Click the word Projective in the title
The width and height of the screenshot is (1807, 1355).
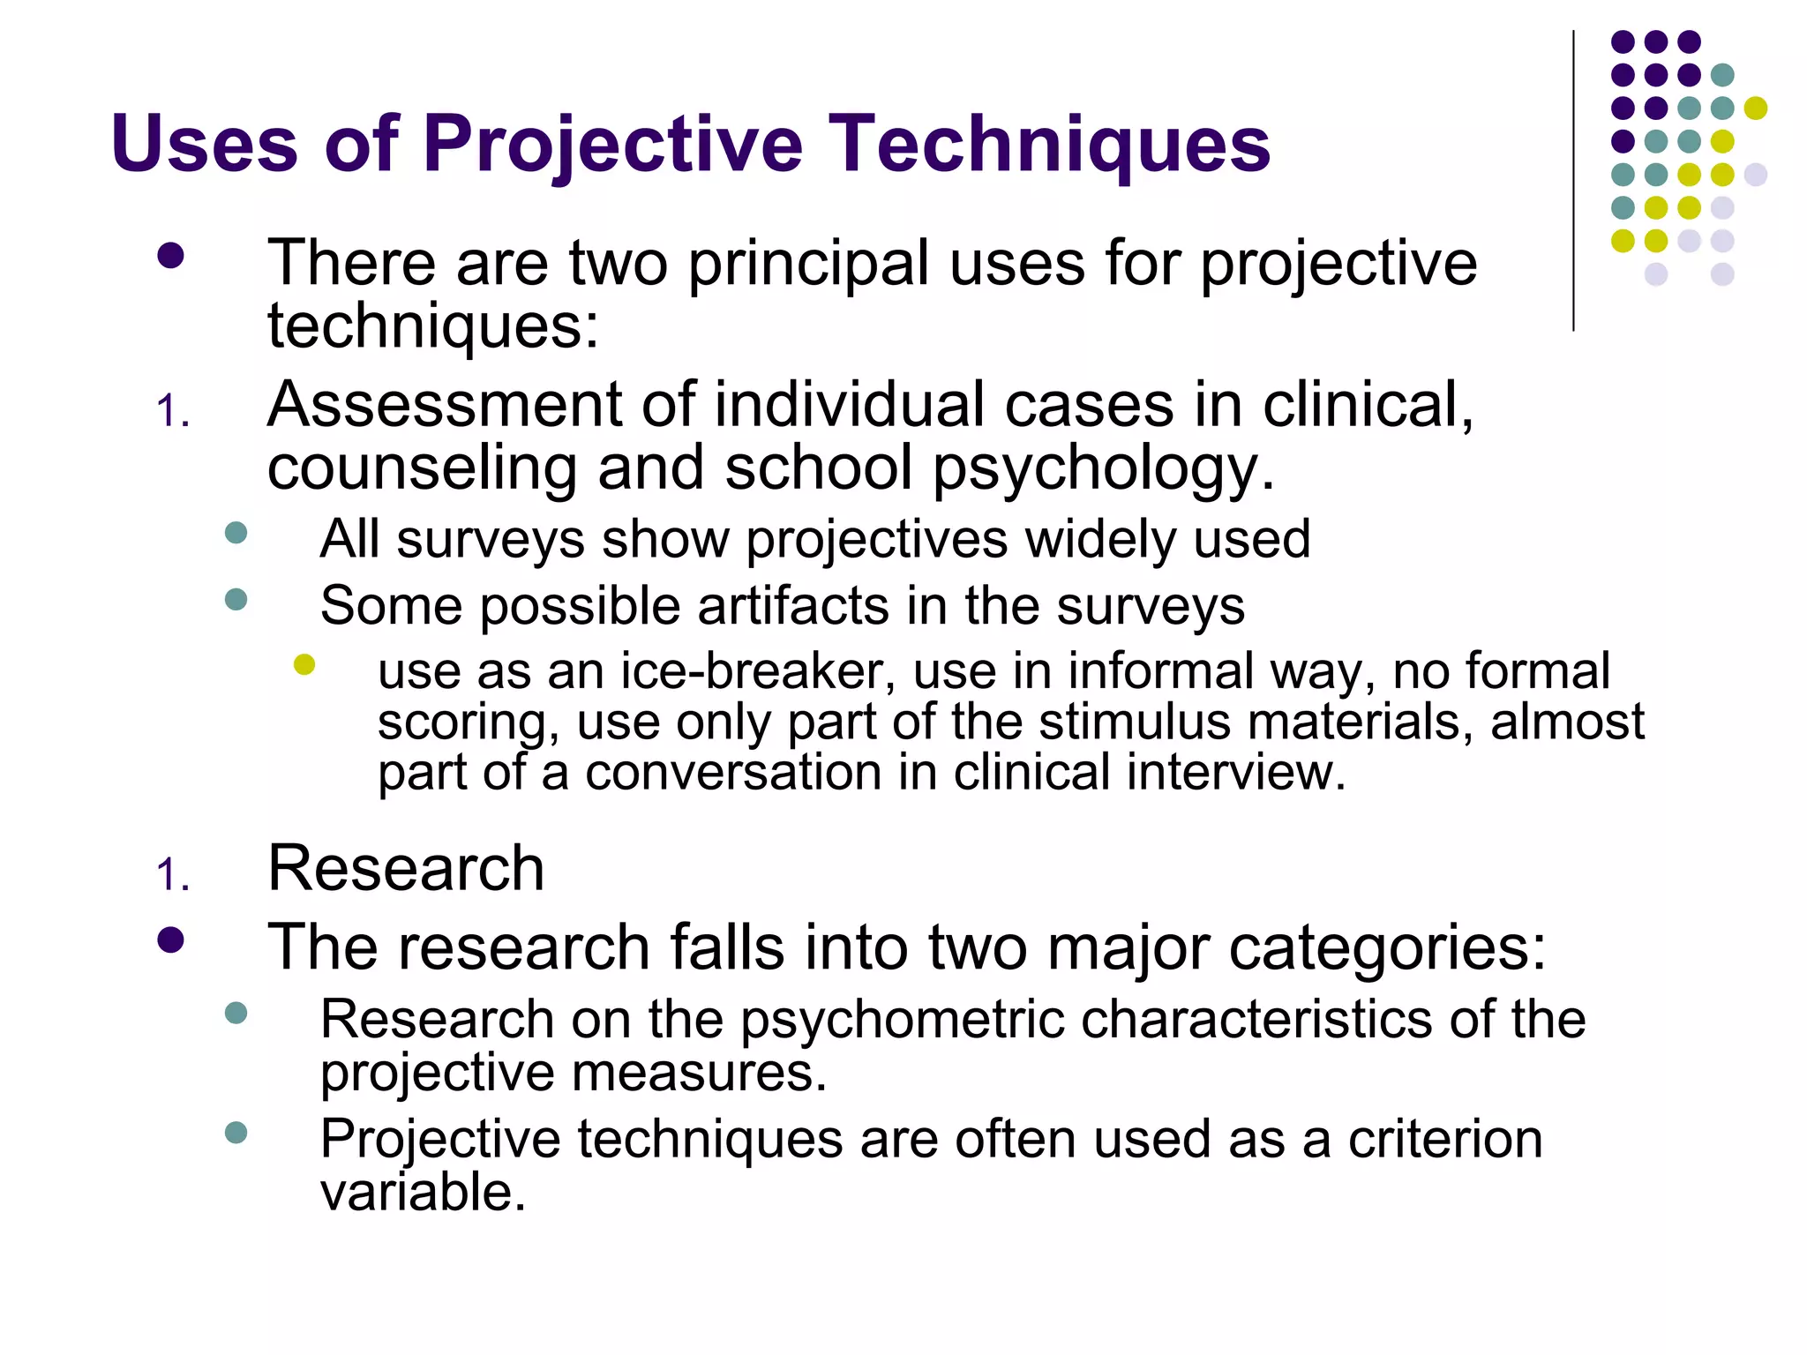click(612, 144)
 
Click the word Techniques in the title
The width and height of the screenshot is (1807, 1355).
click(1049, 144)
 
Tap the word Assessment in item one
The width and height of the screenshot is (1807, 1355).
click(445, 405)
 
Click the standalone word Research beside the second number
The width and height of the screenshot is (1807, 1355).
click(406, 868)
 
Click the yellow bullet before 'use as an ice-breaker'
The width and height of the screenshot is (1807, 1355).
click(304, 664)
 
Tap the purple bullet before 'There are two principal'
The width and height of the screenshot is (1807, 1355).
click(170, 257)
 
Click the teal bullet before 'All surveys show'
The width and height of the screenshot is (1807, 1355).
click(236, 533)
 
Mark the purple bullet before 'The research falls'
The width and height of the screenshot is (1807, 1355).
click(170, 940)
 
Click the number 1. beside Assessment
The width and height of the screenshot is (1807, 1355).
click(173, 412)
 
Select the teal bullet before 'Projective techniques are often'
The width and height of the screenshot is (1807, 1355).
click(236, 1133)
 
